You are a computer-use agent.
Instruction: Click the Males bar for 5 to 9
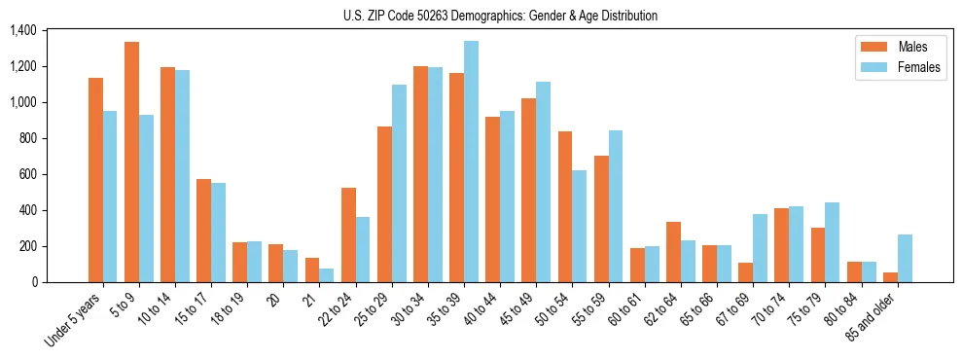(x=131, y=162)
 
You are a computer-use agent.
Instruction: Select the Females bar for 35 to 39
(x=471, y=162)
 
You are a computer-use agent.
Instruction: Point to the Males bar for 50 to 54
(x=565, y=206)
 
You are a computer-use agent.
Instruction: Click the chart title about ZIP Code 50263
(x=500, y=16)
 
